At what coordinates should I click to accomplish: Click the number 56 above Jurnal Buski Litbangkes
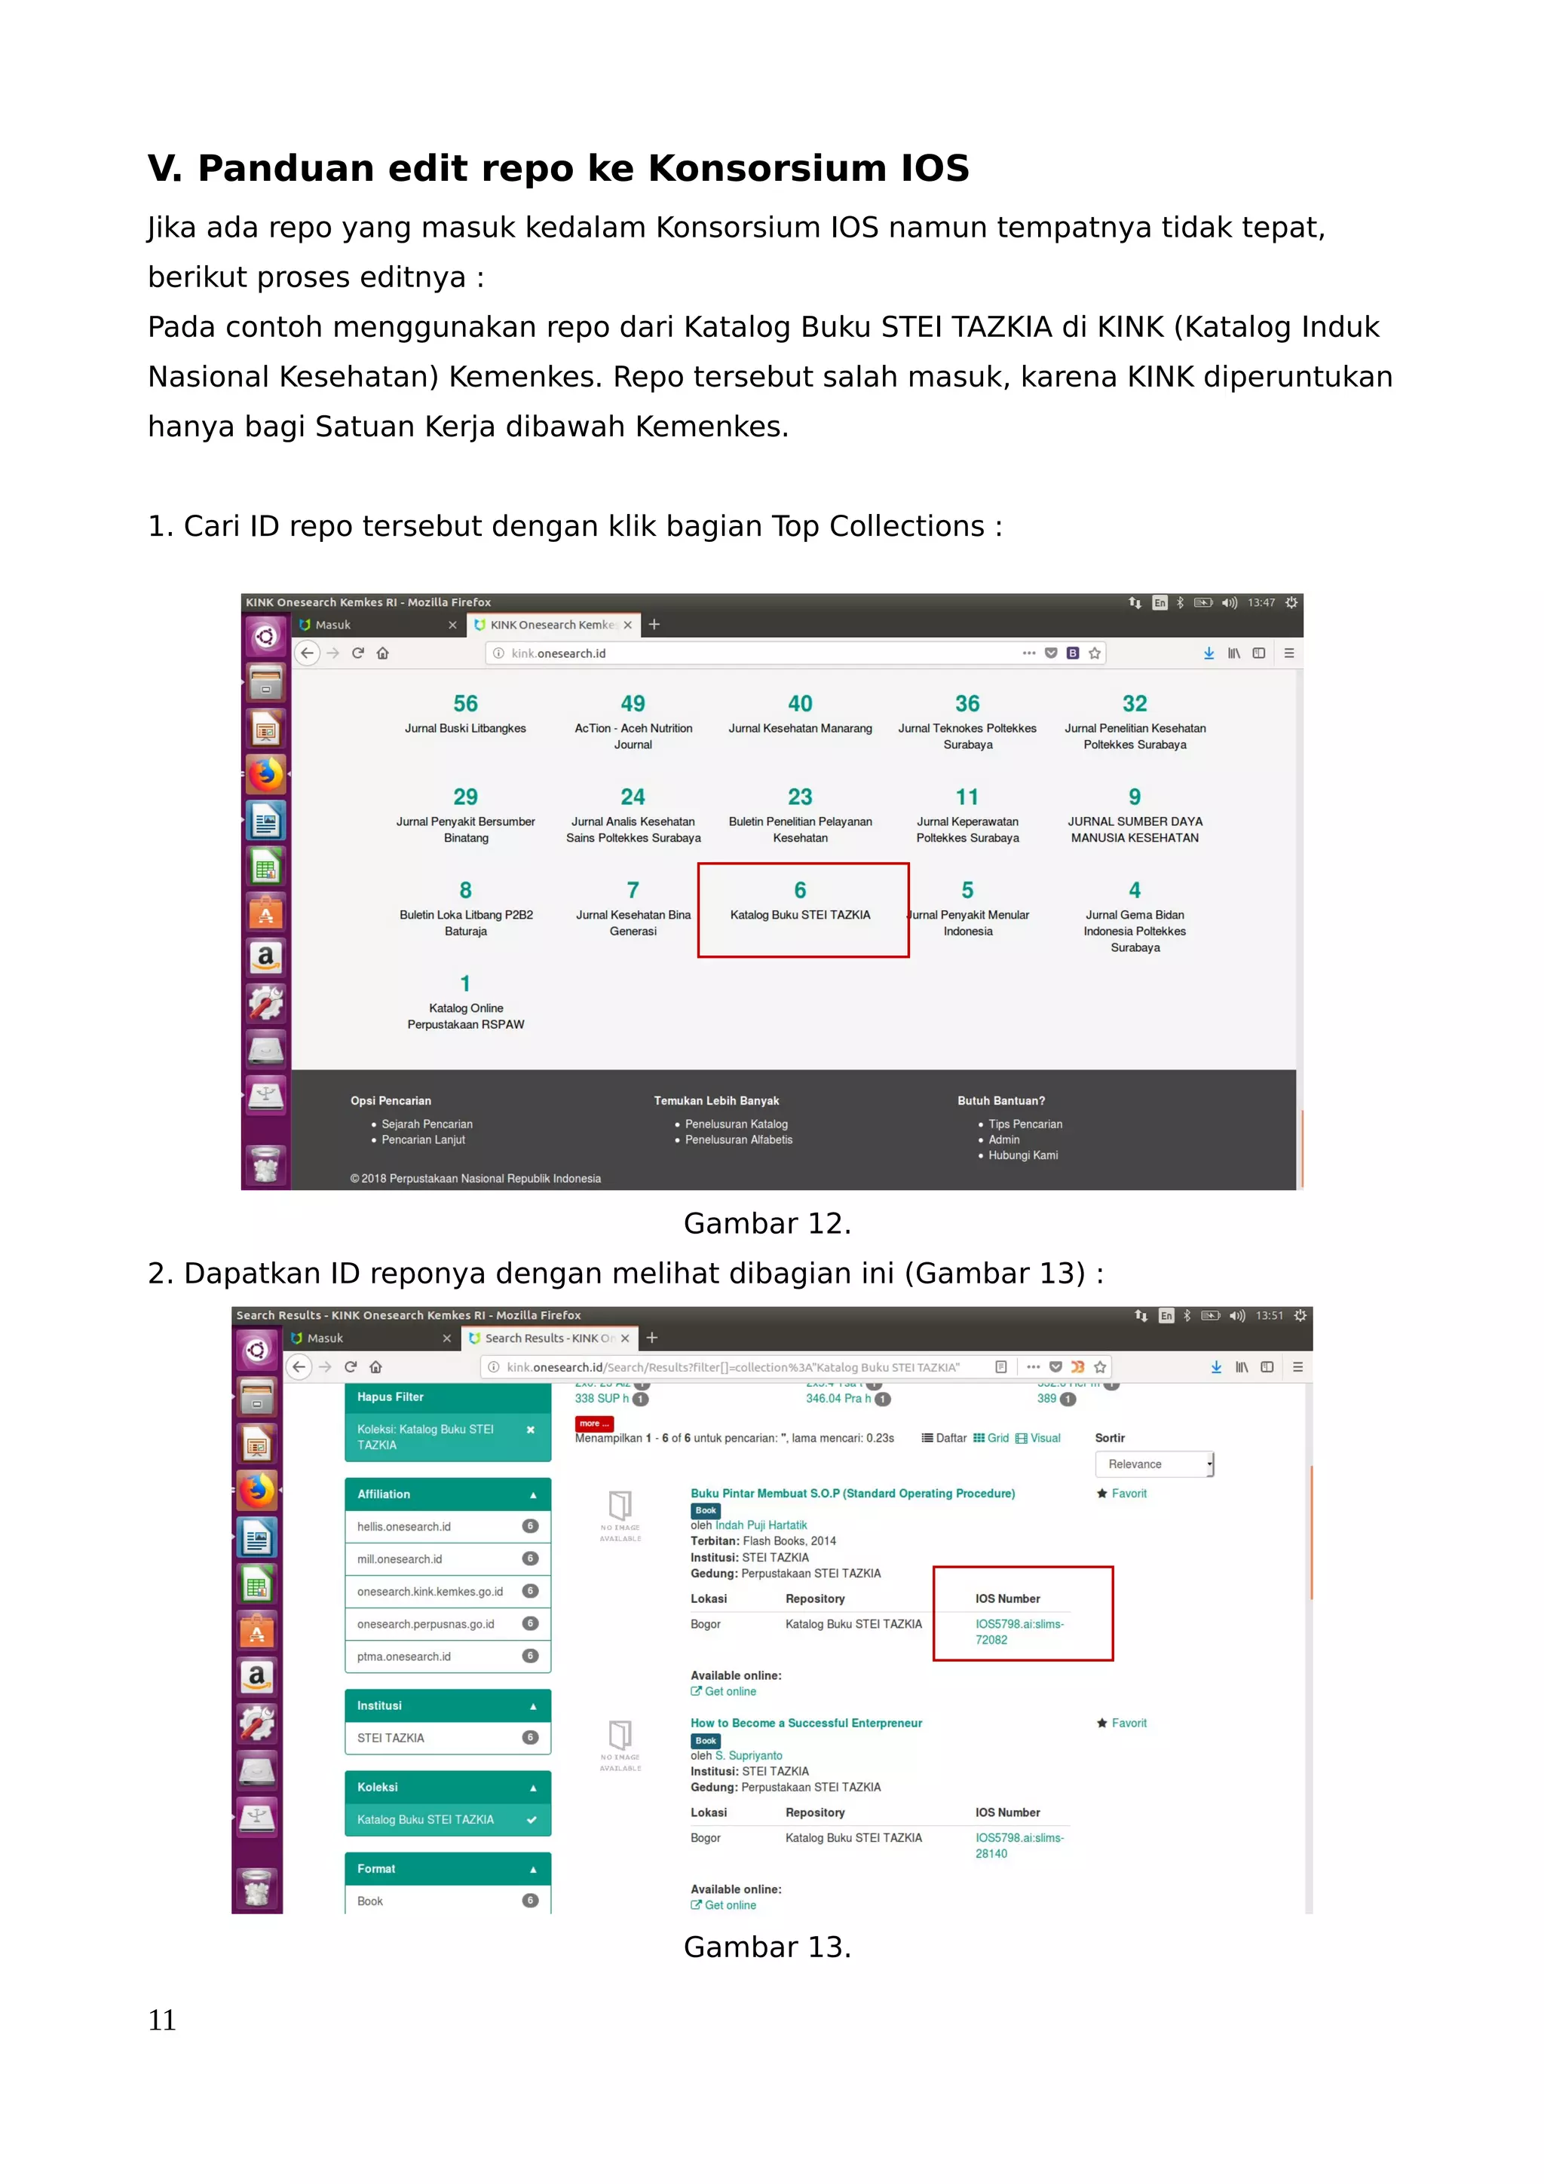click(x=465, y=704)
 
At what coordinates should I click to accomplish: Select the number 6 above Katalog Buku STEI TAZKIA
click(x=800, y=890)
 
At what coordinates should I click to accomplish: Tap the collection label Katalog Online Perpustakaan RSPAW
click(x=465, y=1017)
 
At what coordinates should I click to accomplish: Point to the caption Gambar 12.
click(x=767, y=1223)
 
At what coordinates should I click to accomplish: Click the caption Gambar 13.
click(x=767, y=1947)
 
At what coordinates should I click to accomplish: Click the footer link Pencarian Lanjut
click(x=424, y=1139)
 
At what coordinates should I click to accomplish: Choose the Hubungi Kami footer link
click(x=1023, y=1156)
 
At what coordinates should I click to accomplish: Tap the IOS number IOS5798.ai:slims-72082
click(x=1019, y=1632)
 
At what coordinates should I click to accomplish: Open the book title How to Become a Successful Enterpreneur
click(x=806, y=1724)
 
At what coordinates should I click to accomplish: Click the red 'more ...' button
click(x=593, y=1424)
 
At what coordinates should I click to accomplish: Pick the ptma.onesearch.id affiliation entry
click(x=404, y=1657)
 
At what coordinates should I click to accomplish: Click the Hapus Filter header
click(x=390, y=1397)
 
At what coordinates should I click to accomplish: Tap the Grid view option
click(x=991, y=1438)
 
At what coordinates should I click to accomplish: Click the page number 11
click(x=162, y=2020)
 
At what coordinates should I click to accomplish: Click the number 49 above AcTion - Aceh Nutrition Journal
click(x=633, y=704)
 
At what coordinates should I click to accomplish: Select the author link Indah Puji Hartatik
click(x=760, y=1526)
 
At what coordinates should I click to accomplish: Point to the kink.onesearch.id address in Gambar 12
click(x=559, y=653)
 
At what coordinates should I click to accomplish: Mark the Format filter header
click(x=377, y=1869)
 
